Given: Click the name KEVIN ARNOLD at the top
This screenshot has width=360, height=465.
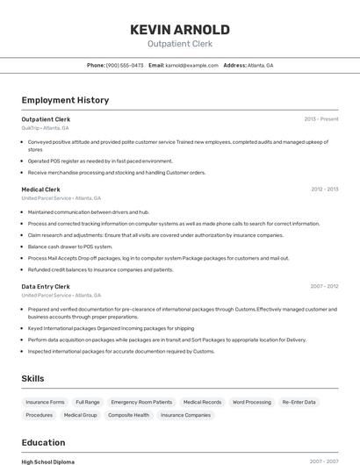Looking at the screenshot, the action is [179, 30].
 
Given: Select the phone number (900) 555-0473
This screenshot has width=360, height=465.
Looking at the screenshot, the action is [125, 65].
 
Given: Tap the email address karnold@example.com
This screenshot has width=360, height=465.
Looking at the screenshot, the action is [191, 65].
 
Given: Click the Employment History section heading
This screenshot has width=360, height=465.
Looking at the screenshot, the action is [65, 100].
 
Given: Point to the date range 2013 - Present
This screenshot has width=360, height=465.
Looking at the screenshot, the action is [320, 118].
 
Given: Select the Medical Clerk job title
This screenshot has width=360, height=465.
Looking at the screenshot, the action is [40, 189].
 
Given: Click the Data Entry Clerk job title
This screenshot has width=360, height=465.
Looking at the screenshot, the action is [46, 286].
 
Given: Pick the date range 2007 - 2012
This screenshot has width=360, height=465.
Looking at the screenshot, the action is [323, 286].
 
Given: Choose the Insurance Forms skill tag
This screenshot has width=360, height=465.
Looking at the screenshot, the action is [45, 402].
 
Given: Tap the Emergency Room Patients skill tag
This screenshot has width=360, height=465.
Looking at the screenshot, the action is [141, 402].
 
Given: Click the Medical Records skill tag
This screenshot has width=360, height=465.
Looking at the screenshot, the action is [202, 402].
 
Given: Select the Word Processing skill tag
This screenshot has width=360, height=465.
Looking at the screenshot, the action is [251, 402].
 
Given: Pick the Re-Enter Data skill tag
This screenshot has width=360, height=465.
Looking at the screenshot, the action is [299, 402].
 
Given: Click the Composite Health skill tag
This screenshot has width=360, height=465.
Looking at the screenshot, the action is [128, 415].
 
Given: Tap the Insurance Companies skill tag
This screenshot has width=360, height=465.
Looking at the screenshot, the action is [185, 415].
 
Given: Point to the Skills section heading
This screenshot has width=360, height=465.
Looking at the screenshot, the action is [33, 378].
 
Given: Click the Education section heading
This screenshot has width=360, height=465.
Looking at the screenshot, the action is [43, 442].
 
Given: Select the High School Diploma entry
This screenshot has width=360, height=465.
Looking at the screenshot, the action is [48, 461].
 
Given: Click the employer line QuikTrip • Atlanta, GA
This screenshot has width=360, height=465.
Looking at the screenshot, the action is [45, 128].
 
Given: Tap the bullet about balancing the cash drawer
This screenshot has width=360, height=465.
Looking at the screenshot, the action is [70, 247].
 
